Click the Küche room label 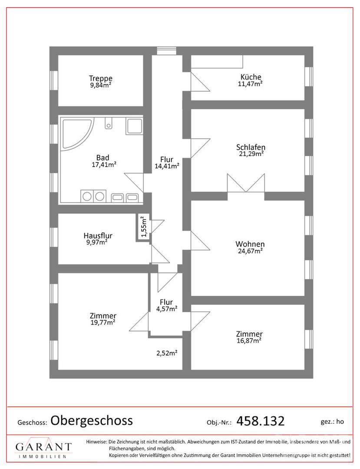(x=251, y=77)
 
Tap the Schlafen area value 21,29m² (x=251, y=154)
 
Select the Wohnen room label (x=250, y=244)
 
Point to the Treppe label (x=101, y=79)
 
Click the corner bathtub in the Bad (x=77, y=133)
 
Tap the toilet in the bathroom (x=109, y=122)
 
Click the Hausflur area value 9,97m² (x=97, y=242)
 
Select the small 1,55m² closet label (x=144, y=226)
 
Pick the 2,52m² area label (x=167, y=353)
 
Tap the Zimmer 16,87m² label (x=249, y=337)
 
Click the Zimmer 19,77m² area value (x=103, y=322)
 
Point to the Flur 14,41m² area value (x=167, y=166)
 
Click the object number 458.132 (x=261, y=421)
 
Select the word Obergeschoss (x=92, y=420)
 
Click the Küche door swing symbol (x=200, y=81)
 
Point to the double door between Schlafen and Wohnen (x=246, y=183)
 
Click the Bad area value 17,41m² (x=104, y=165)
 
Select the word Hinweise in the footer (x=96, y=442)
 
